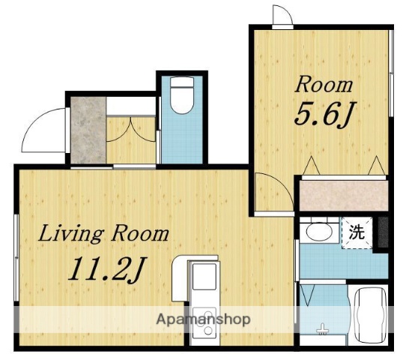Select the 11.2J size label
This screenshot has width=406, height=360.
pos(105,268)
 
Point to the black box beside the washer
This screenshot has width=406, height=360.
pos(382,230)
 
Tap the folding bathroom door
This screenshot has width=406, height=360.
pos(307,296)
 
